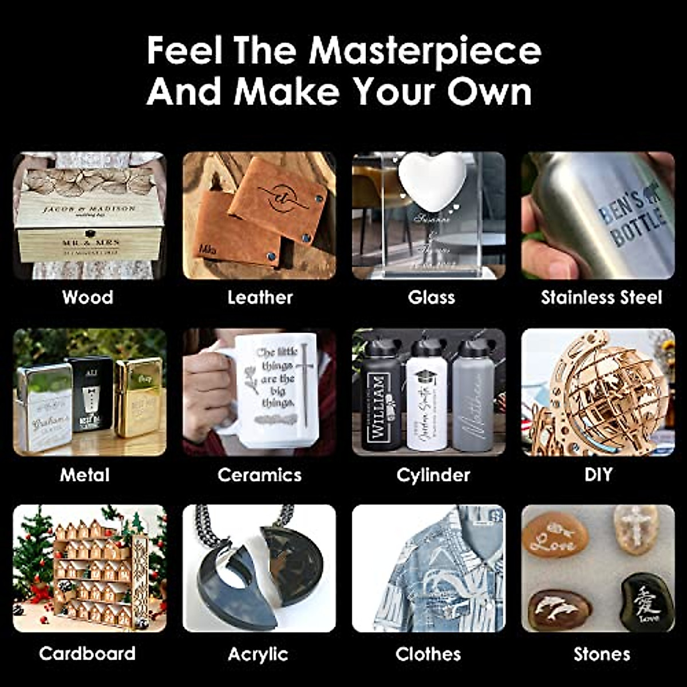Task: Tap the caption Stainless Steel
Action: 601,297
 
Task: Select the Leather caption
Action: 260,297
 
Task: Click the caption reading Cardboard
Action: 87,653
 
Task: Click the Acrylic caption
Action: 258,654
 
